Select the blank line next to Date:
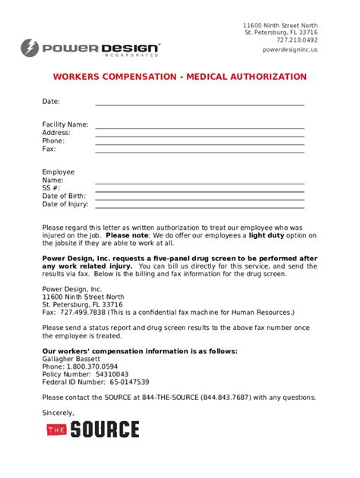tap(199, 103)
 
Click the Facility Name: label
tap(65, 124)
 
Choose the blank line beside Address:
tap(199, 134)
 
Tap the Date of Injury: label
tap(65, 204)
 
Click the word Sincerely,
tap(58, 413)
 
